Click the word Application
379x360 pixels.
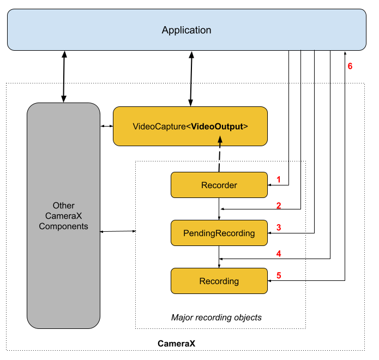tap(187, 30)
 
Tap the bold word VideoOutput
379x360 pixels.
tap(217, 127)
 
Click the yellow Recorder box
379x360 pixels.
tap(219, 185)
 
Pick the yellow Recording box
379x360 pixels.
tap(219, 281)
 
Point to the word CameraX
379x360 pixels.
tap(63, 216)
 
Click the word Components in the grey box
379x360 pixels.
tap(63, 226)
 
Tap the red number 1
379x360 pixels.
tap(279, 179)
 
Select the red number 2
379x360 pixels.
tap(279, 206)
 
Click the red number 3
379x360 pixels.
tap(279, 227)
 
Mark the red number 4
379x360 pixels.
tap(279, 254)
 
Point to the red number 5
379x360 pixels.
tap(279, 275)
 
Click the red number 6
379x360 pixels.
tap(350, 67)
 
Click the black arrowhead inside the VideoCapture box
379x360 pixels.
tap(220, 140)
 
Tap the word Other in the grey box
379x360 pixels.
tap(63, 206)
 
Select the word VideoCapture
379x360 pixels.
tap(158, 127)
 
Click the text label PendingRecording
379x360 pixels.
tap(219, 233)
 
